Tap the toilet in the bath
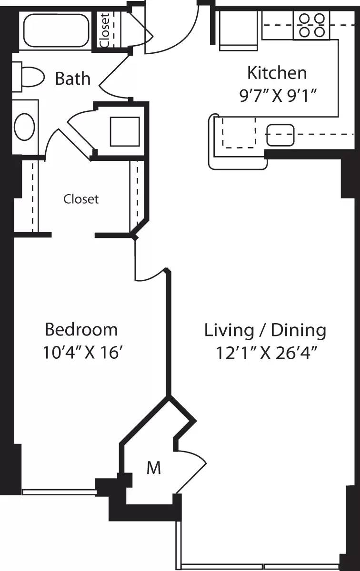29,77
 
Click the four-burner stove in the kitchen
311,26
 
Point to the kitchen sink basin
280,135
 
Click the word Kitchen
277,73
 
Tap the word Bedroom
81,329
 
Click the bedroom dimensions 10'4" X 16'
81,353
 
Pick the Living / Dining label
265,330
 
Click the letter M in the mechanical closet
153,468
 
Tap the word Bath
73,78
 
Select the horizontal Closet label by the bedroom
81,199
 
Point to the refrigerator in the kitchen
239,30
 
